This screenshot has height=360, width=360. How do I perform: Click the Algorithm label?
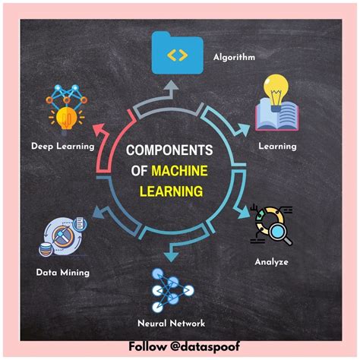coord(233,57)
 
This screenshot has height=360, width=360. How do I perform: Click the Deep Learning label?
coord(62,146)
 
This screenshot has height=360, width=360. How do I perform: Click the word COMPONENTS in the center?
coord(170,151)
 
